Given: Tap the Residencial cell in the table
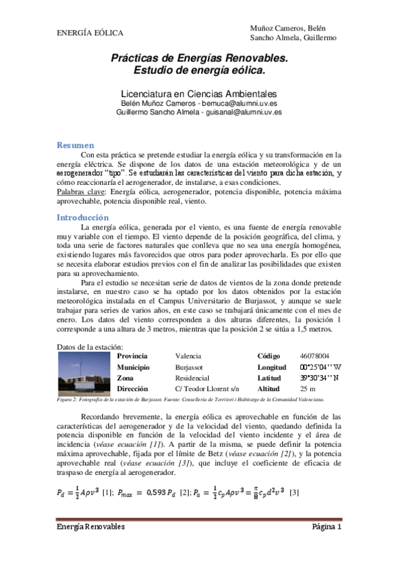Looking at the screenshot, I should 193,378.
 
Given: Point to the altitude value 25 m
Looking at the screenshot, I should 308,388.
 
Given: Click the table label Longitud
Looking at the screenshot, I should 271,367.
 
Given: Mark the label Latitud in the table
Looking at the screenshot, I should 269,378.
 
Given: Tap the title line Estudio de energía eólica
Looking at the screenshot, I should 199,69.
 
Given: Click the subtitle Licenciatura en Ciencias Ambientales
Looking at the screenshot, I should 199,94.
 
